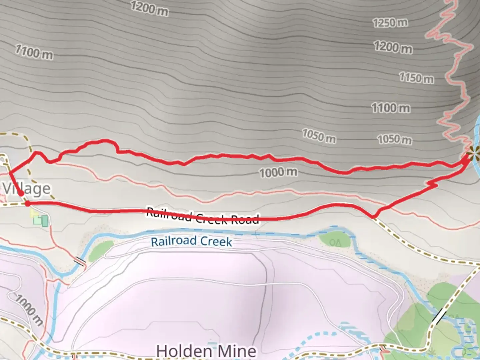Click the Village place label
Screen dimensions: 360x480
coord(27,189)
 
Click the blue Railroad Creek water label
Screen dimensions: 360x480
coord(191,241)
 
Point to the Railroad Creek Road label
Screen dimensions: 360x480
coord(202,216)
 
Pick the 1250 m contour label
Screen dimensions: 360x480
coord(390,23)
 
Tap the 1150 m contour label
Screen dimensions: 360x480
coord(417,78)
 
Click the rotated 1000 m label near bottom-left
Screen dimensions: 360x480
coord(29,311)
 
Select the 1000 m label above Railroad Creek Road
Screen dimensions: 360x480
coord(278,172)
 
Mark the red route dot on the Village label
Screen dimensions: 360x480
coord(21,193)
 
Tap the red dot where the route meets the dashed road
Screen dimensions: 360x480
coord(27,203)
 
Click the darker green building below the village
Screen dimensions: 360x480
coord(44,221)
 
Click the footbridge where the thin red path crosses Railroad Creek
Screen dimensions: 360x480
coord(80,261)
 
